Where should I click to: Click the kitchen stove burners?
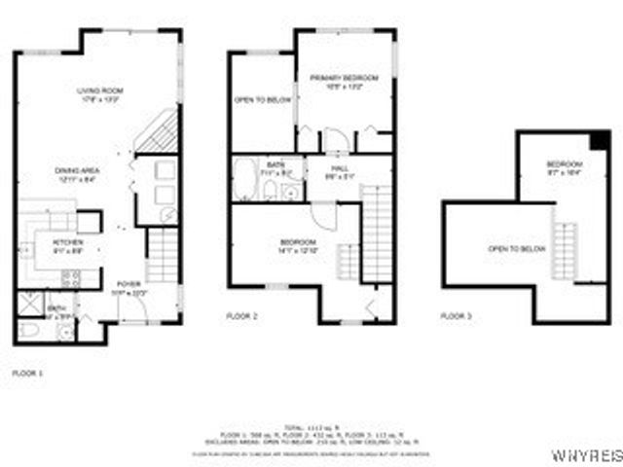71,276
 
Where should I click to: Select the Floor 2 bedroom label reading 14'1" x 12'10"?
298,246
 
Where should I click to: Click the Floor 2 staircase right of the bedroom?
376,233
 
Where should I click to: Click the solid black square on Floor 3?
601,140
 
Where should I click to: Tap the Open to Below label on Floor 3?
515,249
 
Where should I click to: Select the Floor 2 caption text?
241,316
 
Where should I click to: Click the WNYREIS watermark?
586,454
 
